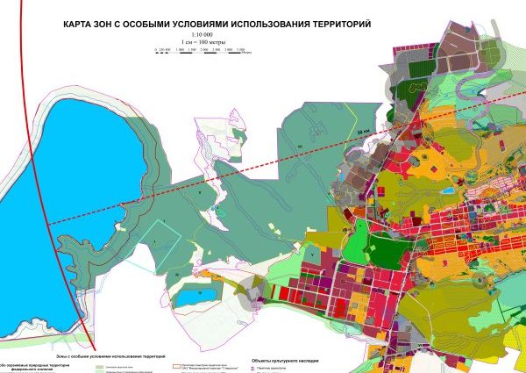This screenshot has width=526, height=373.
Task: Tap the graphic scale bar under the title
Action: (x=203, y=52)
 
